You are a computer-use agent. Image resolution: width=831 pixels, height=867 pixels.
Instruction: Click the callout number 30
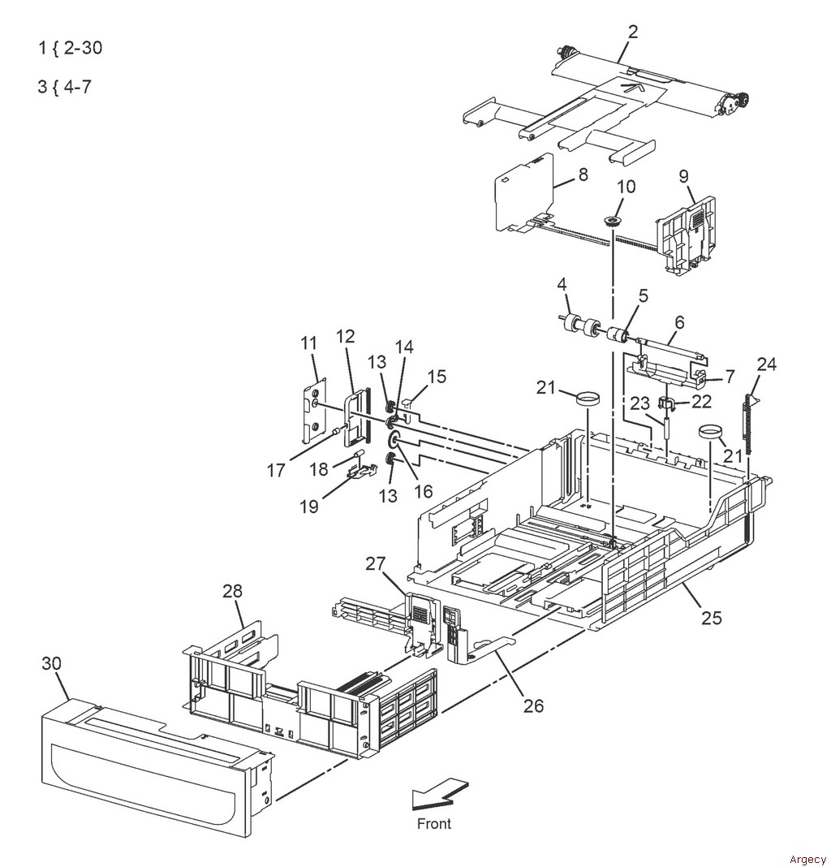click(51, 663)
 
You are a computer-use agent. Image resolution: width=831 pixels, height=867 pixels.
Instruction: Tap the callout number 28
click(232, 590)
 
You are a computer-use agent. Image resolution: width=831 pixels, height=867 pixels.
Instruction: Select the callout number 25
click(712, 617)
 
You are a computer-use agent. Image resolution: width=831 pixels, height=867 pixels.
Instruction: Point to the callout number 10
click(626, 187)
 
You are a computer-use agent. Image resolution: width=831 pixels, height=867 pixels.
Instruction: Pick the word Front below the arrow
click(434, 823)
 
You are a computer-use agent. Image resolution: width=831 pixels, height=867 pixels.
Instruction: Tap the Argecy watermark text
click(807, 859)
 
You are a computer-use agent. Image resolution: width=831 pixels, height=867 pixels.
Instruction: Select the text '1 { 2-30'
click(71, 48)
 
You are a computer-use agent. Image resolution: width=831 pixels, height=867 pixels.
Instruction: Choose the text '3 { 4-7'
click(64, 87)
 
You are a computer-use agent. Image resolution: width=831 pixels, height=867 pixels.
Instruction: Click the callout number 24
click(766, 364)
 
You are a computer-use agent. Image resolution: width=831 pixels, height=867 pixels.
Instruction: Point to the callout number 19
click(309, 506)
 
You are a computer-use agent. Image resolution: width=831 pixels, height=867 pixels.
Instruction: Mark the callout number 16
click(424, 491)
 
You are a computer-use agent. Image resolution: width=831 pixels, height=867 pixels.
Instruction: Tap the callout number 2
click(633, 32)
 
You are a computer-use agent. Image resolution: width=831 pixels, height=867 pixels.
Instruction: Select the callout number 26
click(533, 705)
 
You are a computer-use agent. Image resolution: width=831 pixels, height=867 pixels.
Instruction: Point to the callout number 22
click(701, 401)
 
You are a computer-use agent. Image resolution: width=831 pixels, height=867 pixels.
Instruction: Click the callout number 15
click(437, 377)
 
